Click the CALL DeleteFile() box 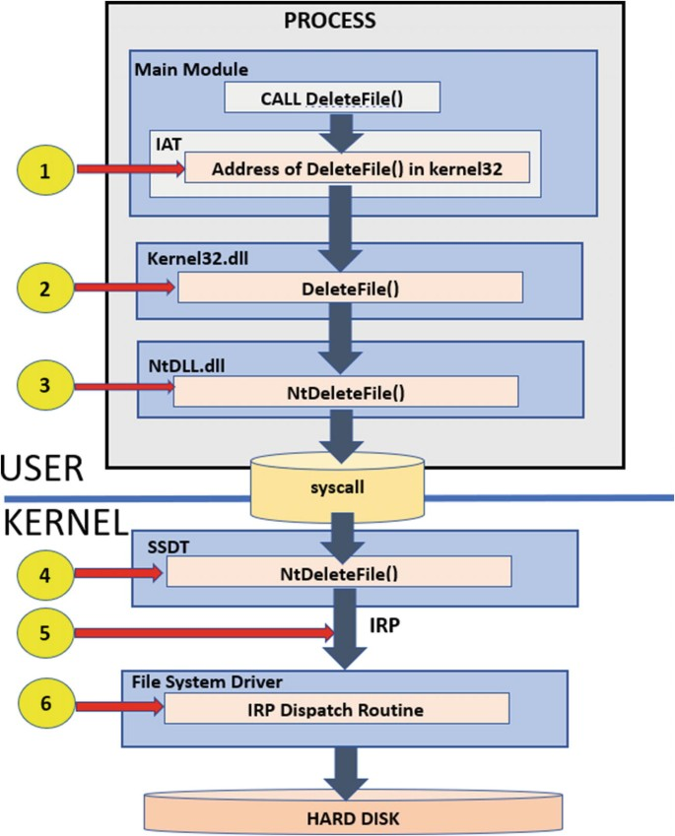point(332,97)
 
